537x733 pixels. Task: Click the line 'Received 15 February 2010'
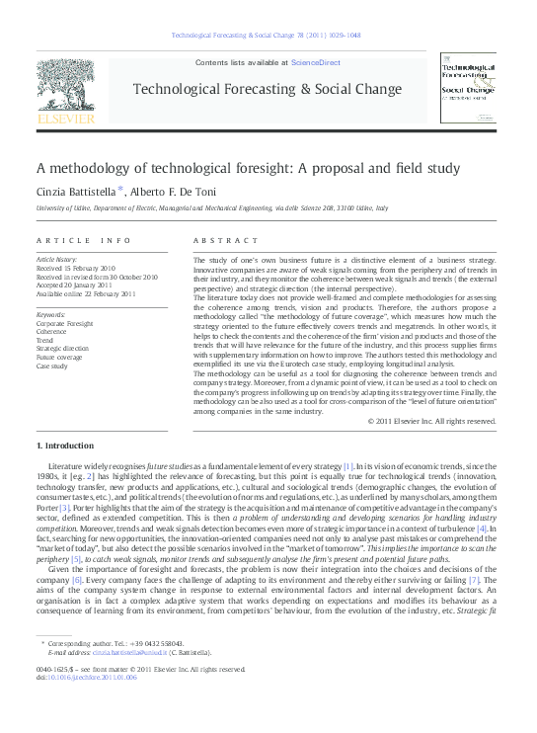76,268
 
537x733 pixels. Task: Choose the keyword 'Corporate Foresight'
65,323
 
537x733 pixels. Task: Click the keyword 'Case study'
53,366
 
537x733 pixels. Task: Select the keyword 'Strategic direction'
62,349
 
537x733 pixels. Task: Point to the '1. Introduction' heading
65,447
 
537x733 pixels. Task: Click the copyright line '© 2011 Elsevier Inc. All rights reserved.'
431,421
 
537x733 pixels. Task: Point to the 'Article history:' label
57,259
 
